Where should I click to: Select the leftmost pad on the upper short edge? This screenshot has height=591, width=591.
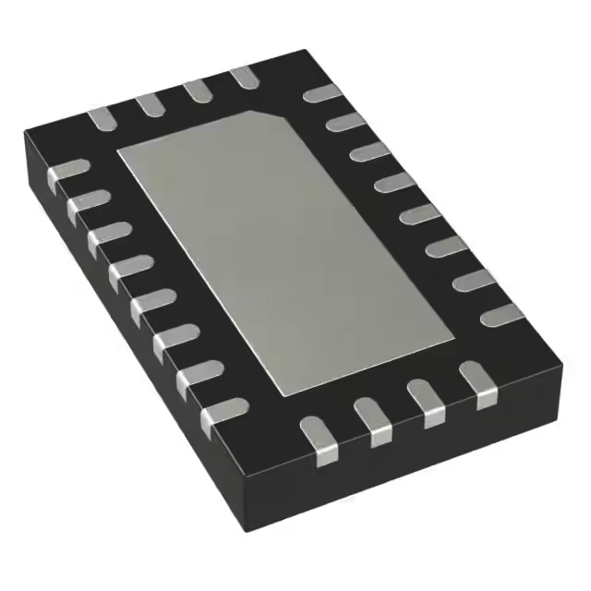click(x=101, y=117)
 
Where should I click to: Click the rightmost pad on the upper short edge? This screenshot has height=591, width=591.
click(x=245, y=77)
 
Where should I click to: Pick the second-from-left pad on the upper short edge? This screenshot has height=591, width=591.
click(x=150, y=103)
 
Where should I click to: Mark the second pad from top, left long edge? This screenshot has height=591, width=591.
click(x=88, y=203)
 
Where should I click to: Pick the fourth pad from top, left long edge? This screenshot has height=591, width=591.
click(x=129, y=271)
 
